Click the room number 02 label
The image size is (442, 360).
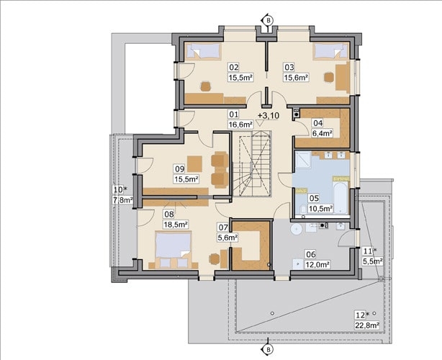point(234,68)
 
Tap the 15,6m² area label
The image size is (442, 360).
point(295,78)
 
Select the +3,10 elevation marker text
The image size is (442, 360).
point(269,116)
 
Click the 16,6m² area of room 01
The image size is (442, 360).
point(240,124)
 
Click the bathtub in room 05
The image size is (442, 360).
point(340,197)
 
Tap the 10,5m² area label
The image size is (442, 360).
point(320,209)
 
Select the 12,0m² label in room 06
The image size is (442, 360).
point(317,265)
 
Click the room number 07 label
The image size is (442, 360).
point(223,228)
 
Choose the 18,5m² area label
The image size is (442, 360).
point(176,225)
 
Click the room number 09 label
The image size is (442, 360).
point(179,169)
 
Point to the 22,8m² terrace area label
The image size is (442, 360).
point(366,325)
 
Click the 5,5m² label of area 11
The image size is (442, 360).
point(372,261)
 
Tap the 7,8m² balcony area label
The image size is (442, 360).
point(123,200)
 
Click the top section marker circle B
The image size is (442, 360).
point(269,20)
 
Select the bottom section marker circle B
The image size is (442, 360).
point(269,350)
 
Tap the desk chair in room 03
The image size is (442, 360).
point(328,77)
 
